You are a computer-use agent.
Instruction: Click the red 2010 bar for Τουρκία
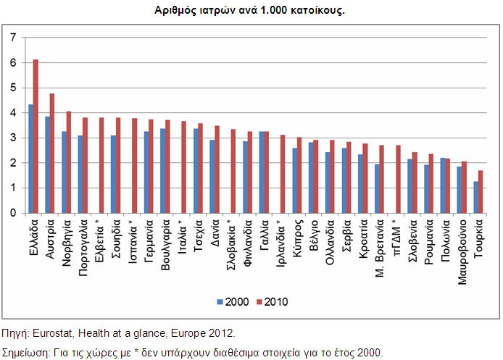(x=480, y=191)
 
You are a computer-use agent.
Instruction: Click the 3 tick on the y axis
(x=12, y=138)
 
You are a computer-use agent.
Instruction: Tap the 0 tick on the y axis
(x=12, y=213)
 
